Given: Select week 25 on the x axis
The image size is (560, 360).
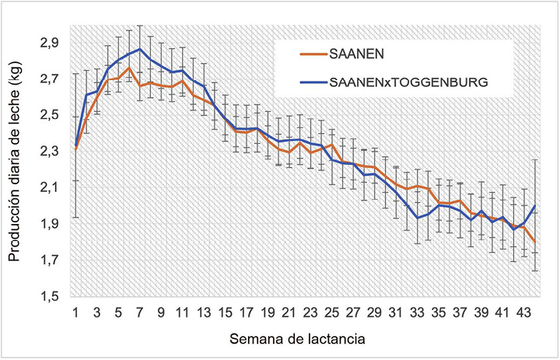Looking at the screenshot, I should pos(331,313).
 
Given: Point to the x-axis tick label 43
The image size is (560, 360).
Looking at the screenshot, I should pos(522,313).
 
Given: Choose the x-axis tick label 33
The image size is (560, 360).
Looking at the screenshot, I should pos(415,313).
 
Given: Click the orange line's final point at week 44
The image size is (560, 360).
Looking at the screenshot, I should pos(536,243).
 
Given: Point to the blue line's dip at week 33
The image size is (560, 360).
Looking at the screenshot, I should pos(417,218).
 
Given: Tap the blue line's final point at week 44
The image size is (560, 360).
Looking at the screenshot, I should pos(536,205).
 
